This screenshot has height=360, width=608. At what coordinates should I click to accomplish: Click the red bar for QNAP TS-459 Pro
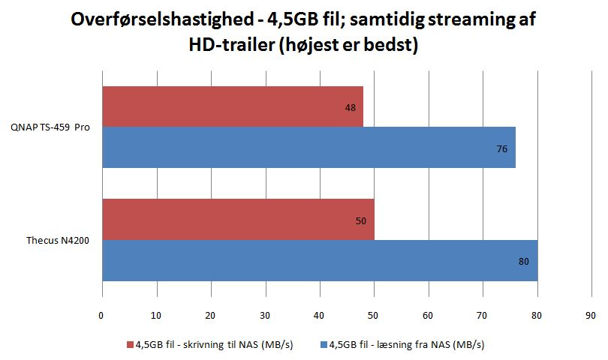pos(232,106)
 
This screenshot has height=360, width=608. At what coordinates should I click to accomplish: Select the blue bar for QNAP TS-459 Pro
pos(308,148)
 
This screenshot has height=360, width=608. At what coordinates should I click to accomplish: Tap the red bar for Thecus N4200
pos(237,219)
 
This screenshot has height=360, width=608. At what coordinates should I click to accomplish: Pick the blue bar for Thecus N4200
pos(319,260)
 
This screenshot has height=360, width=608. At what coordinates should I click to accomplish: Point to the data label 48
pos(350,108)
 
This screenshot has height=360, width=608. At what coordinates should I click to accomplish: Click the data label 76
pos(501,149)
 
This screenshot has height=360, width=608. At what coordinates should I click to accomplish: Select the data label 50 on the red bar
pos(360,221)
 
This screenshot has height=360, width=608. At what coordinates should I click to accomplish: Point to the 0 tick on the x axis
pos(101,315)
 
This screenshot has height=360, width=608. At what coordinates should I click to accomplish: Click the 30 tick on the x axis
pos(265,315)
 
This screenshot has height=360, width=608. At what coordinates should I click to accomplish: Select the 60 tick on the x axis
pos(429,315)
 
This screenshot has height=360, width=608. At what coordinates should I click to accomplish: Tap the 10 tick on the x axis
pos(156,315)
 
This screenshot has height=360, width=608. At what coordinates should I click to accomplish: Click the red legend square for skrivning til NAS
pos(130,345)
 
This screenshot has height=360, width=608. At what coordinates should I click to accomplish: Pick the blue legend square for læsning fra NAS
pos(324,345)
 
